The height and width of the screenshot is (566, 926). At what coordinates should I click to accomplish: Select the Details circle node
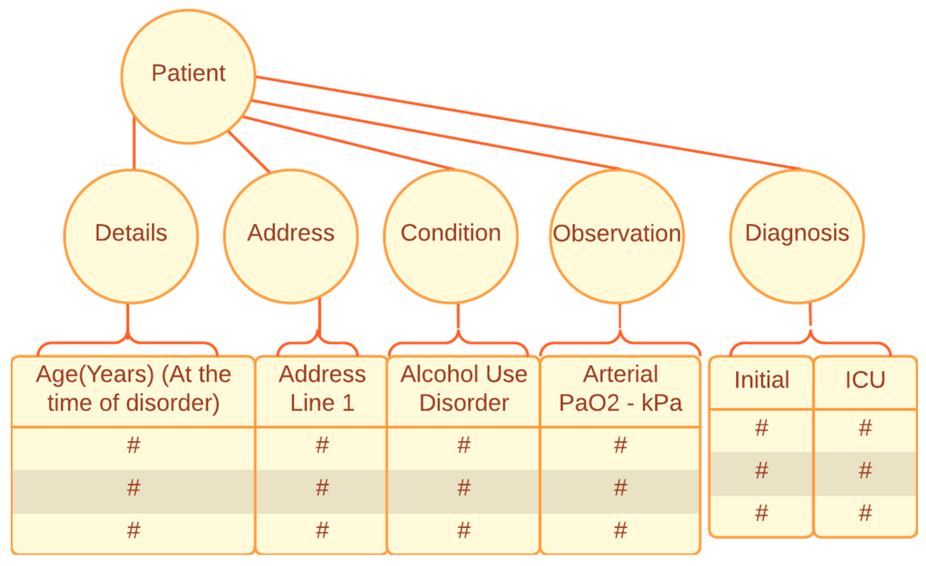click(x=131, y=237)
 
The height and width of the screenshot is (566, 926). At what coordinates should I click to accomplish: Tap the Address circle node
click(x=291, y=237)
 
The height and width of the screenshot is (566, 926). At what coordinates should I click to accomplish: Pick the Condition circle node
click(x=450, y=237)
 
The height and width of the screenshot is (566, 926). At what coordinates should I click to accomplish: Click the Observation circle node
click(x=617, y=237)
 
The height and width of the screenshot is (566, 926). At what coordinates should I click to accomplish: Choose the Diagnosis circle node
click(x=797, y=237)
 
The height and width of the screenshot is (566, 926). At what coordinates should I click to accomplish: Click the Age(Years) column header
click(x=133, y=389)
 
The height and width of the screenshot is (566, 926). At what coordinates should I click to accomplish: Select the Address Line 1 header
click(x=322, y=389)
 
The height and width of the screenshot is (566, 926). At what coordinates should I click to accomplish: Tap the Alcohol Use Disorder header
click(x=464, y=389)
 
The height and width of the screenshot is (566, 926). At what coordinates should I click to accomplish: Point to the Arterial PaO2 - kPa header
click(x=620, y=389)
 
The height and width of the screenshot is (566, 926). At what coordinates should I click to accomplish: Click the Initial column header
click(x=761, y=380)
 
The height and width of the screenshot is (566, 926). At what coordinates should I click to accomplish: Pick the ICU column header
click(x=865, y=380)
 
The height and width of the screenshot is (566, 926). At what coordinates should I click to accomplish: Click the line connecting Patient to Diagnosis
click(x=526, y=123)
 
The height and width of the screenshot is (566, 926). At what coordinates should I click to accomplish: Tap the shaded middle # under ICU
click(x=865, y=470)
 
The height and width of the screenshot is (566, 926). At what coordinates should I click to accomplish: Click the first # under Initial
click(x=761, y=428)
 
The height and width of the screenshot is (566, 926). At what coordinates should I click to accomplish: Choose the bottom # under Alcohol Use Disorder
click(x=464, y=530)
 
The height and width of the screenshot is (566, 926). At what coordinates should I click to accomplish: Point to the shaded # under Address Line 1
click(x=322, y=488)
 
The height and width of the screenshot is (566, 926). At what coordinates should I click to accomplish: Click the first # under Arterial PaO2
click(x=620, y=445)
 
